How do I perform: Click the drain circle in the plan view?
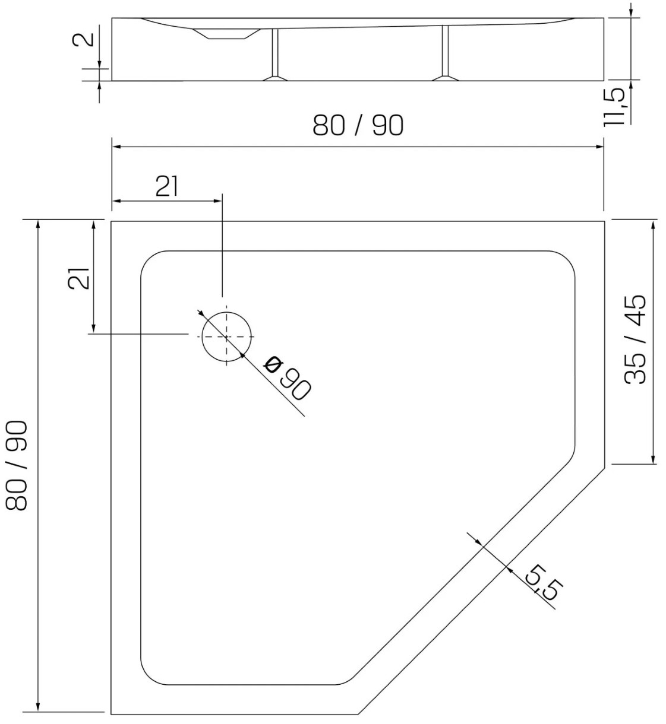point(202,336)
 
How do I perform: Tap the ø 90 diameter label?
point(288,378)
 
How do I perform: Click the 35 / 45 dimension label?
point(635,340)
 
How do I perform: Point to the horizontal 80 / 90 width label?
point(358,126)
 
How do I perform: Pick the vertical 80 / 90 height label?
point(17,466)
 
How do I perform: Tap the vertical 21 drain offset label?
point(78,278)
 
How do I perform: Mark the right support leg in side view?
point(446,50)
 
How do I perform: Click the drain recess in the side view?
point(226,34)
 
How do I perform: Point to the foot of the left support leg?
point(275,78)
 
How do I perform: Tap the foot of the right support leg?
point(446,78)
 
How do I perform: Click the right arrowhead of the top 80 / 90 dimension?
point(599,147)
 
